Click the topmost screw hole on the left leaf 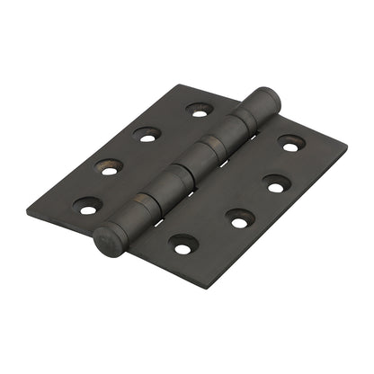198,110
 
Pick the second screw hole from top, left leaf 147,135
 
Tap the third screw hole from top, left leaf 109,167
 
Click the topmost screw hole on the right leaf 290,143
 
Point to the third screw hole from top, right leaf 239,218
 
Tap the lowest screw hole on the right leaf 183,245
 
